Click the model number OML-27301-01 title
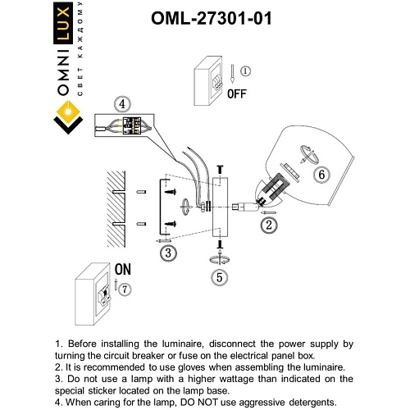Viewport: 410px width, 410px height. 212,19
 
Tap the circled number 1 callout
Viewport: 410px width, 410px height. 245,71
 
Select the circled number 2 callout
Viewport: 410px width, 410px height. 269,225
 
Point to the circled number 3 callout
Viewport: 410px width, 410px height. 168,253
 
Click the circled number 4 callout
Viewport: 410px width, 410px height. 122,104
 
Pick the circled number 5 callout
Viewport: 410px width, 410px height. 220,277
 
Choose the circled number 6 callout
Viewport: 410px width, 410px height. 321,175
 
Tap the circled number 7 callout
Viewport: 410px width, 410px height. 125,289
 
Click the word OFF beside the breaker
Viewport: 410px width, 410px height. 237,93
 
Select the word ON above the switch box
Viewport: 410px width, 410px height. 123,270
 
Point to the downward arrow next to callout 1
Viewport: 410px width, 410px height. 232,74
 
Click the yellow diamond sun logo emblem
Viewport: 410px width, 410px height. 68,112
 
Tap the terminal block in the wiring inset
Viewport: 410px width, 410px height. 132,125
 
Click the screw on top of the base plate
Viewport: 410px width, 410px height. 220,169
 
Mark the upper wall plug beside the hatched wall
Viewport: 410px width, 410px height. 141,192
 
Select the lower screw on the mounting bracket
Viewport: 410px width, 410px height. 171,224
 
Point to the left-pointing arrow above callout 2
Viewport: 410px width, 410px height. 268,212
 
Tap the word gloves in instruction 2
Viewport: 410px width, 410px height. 191,367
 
